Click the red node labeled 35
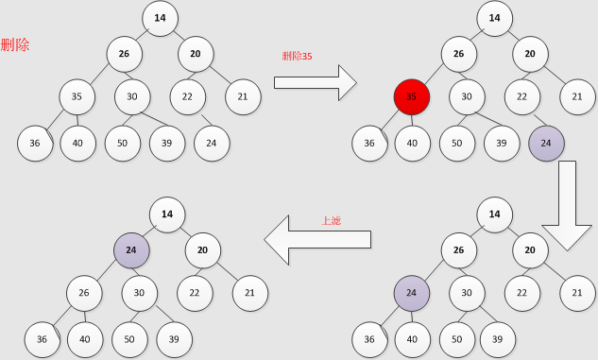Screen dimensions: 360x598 [411, 96]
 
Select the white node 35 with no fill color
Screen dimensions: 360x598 [77, 96]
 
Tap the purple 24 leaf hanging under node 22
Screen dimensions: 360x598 [546, 143]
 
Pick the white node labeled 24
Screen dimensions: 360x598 [212, 143]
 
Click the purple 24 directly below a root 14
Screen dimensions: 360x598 [131, 251]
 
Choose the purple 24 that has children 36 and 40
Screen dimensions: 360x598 [411, 293]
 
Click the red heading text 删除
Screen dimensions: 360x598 [16, 44]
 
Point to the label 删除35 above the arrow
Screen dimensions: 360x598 [298, 56]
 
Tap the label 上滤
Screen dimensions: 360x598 [331, 222]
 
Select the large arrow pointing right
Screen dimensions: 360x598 [315, 83]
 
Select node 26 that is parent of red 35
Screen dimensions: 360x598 [458, 54]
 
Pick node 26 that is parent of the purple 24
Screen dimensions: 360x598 [458, 251]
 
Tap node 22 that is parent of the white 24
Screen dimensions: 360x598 [188, 96]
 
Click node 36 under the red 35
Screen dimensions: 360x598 [369, 143]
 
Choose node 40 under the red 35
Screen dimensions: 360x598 [412, 143]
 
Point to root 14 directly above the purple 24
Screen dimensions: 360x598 [167, 214]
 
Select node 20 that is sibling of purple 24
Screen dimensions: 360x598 [203, 251]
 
